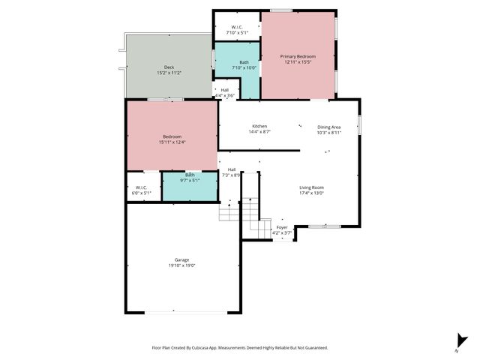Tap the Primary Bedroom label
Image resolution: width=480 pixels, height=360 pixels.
click(298, 56)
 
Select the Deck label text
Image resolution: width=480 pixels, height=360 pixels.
click(169, 67)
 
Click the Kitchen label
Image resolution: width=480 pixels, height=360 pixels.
click(259, 126)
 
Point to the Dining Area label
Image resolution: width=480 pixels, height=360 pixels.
click(328, 127)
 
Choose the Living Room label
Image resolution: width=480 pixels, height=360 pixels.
click(311, 187)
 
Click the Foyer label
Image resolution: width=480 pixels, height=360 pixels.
click(282, 227)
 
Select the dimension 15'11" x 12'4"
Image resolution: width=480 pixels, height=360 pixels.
click(172, 142)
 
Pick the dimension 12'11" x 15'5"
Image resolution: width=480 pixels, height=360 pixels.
click(298, 62)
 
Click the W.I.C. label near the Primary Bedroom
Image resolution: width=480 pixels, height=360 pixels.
click(236, 28)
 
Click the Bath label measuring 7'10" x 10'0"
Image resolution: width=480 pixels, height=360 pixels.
click(244, 62)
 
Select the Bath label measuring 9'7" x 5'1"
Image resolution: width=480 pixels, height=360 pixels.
click(190, 175)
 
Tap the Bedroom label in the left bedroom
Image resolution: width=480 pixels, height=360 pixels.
click(172, 136)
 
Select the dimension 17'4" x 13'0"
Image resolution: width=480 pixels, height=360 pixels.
click(311, 193)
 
